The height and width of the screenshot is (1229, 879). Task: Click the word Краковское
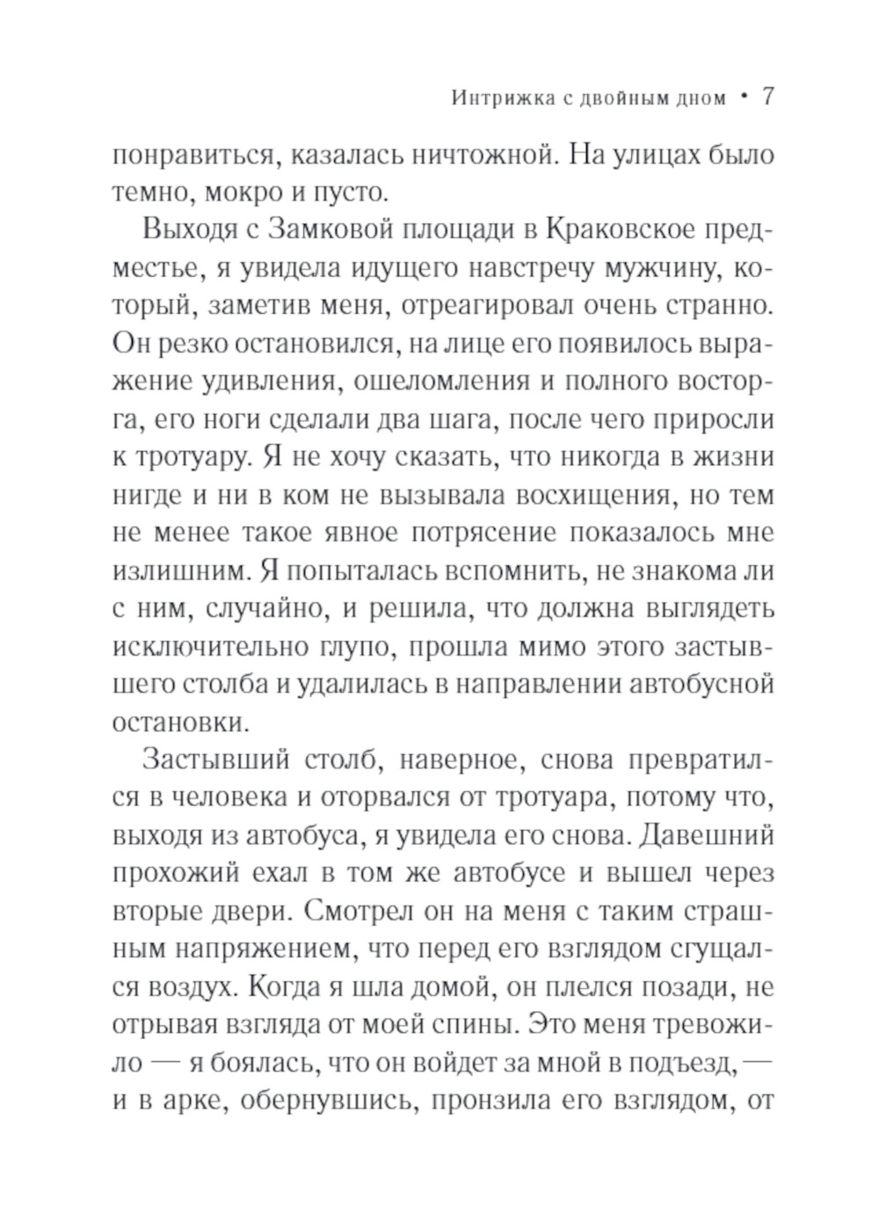click(620, 230)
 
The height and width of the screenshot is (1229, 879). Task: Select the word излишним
click(181, 571)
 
